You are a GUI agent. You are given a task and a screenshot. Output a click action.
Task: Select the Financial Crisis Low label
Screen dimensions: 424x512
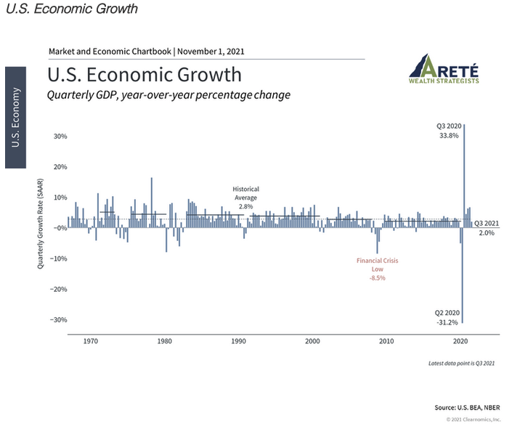tap(377, 269)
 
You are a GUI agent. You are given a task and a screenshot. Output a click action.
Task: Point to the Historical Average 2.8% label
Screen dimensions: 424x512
tap(245, 197)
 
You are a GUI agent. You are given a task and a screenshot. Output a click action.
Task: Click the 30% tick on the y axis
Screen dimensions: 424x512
tap(60, 136)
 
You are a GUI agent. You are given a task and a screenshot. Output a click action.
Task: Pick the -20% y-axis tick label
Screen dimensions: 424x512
tap(57, 289)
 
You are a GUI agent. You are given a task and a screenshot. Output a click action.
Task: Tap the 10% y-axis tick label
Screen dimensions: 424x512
tap(60, 197)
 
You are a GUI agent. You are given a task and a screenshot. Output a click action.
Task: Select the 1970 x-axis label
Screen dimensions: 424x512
tap(91, 341)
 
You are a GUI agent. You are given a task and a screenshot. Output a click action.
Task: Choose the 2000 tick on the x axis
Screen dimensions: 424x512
tap(312, 341)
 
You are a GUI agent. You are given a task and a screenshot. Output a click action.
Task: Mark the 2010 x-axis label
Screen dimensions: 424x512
tap(386, 341)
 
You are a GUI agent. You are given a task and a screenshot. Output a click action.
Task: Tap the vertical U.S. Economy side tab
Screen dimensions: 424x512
tap(16, 117)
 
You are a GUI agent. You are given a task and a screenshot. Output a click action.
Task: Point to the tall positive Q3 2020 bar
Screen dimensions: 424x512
tap(464, 174)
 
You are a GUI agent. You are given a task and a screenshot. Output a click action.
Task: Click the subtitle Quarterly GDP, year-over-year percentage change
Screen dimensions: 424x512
tap(168, 95)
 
